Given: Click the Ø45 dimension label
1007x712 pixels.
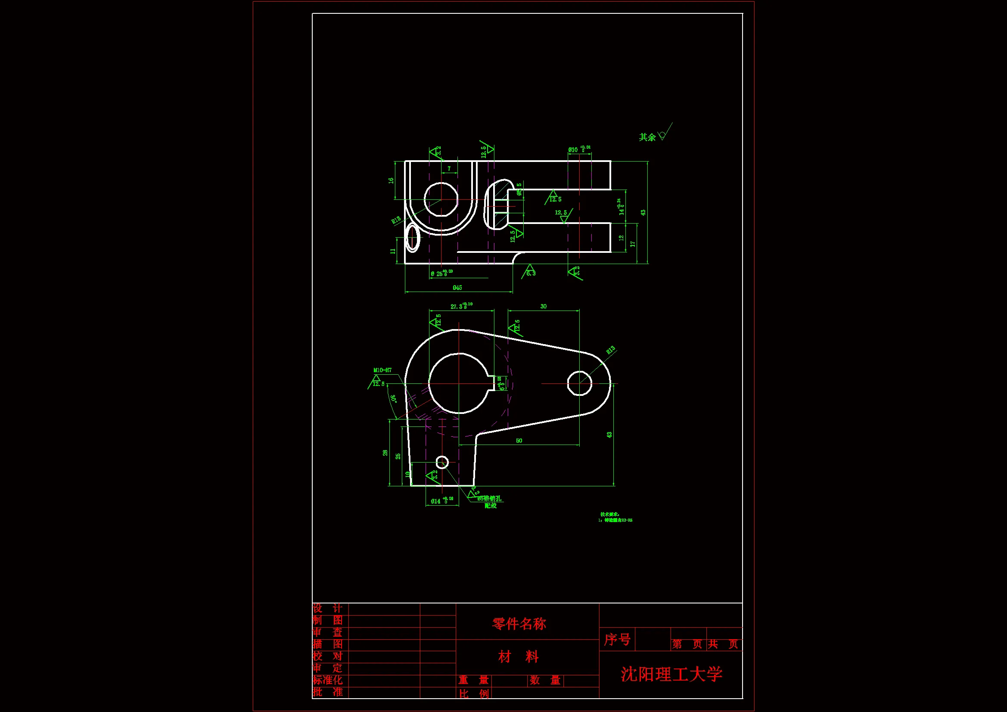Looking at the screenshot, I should click(457, 288).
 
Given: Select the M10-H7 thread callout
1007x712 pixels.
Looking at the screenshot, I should click(382, 370).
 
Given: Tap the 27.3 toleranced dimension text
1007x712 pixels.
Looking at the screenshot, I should click(461, 306).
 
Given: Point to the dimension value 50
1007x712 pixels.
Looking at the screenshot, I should click(519, 441).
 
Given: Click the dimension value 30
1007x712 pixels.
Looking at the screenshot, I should click(544, 306).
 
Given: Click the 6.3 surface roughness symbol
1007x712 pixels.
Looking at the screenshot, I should click(530, 272).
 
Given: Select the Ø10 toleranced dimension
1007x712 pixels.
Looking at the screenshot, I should click(578, 149).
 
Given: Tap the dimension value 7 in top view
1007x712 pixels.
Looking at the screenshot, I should click(449, 168).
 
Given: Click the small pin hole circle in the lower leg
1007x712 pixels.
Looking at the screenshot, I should click(442, 462).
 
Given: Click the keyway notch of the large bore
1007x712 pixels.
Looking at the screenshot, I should click(493, 383).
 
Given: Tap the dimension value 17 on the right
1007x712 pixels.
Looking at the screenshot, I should click(632, 244).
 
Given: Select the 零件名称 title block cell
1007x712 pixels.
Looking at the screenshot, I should click(519, 623).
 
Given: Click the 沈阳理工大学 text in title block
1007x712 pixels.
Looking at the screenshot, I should click(671, 674).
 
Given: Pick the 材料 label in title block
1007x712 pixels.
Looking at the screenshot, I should click(518, 657).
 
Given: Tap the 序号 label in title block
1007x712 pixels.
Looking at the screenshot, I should click(617, 639).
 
